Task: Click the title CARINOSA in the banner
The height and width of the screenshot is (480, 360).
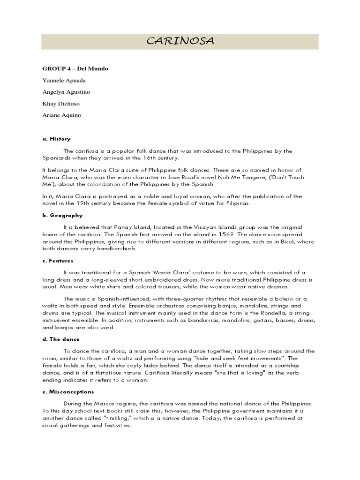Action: [x=180, y=42]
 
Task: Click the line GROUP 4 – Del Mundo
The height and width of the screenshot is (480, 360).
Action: [x=75, y=69]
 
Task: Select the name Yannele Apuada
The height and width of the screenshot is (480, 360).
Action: [x=64, y=81]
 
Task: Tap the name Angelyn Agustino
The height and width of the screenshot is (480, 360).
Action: [x=67, y=92]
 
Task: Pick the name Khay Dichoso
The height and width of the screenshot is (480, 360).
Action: [x=61, y=104]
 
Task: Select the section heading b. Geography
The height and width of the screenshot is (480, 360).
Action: [x=62, y=216]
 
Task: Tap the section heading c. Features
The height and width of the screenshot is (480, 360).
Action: [x=58, y=260]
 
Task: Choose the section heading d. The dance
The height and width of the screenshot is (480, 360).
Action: [x=61, y=339]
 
